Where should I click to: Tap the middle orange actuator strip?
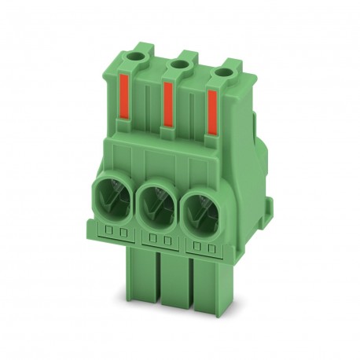(167, 108)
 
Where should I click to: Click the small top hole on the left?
(141, 57)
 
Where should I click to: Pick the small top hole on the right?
(228, 72)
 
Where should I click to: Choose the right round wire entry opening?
(200, 214)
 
